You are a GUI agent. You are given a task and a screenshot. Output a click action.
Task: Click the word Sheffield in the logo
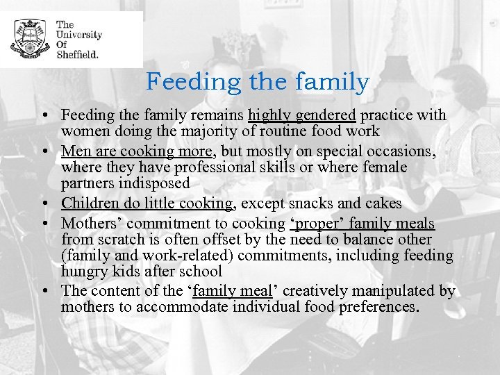(78, 53)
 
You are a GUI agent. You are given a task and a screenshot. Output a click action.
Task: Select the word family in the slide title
(333, 82)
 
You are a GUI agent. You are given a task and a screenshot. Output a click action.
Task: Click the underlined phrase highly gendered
(302, 115)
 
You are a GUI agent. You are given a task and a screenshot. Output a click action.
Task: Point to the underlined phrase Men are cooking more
(137, 151)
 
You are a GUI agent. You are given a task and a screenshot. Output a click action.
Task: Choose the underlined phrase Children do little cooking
(147, 203)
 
